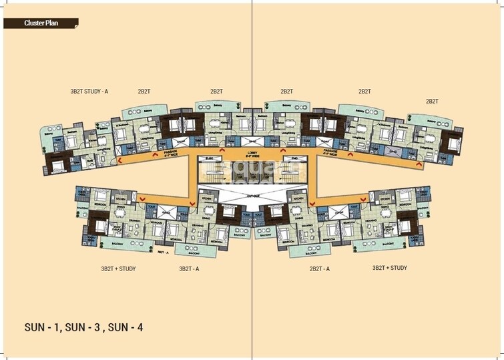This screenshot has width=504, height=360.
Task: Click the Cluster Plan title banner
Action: (x=40, y=23)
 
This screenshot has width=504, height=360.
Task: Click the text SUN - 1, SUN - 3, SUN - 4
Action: (x=83, y=327)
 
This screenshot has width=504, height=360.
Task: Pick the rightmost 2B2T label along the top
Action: (x=433, y=101)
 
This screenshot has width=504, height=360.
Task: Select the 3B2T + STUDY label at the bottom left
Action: (x=118, y=268)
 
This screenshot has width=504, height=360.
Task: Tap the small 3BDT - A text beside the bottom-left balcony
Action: (x=162, y=252)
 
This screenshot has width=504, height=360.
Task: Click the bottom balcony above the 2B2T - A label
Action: (x=308, y=252)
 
